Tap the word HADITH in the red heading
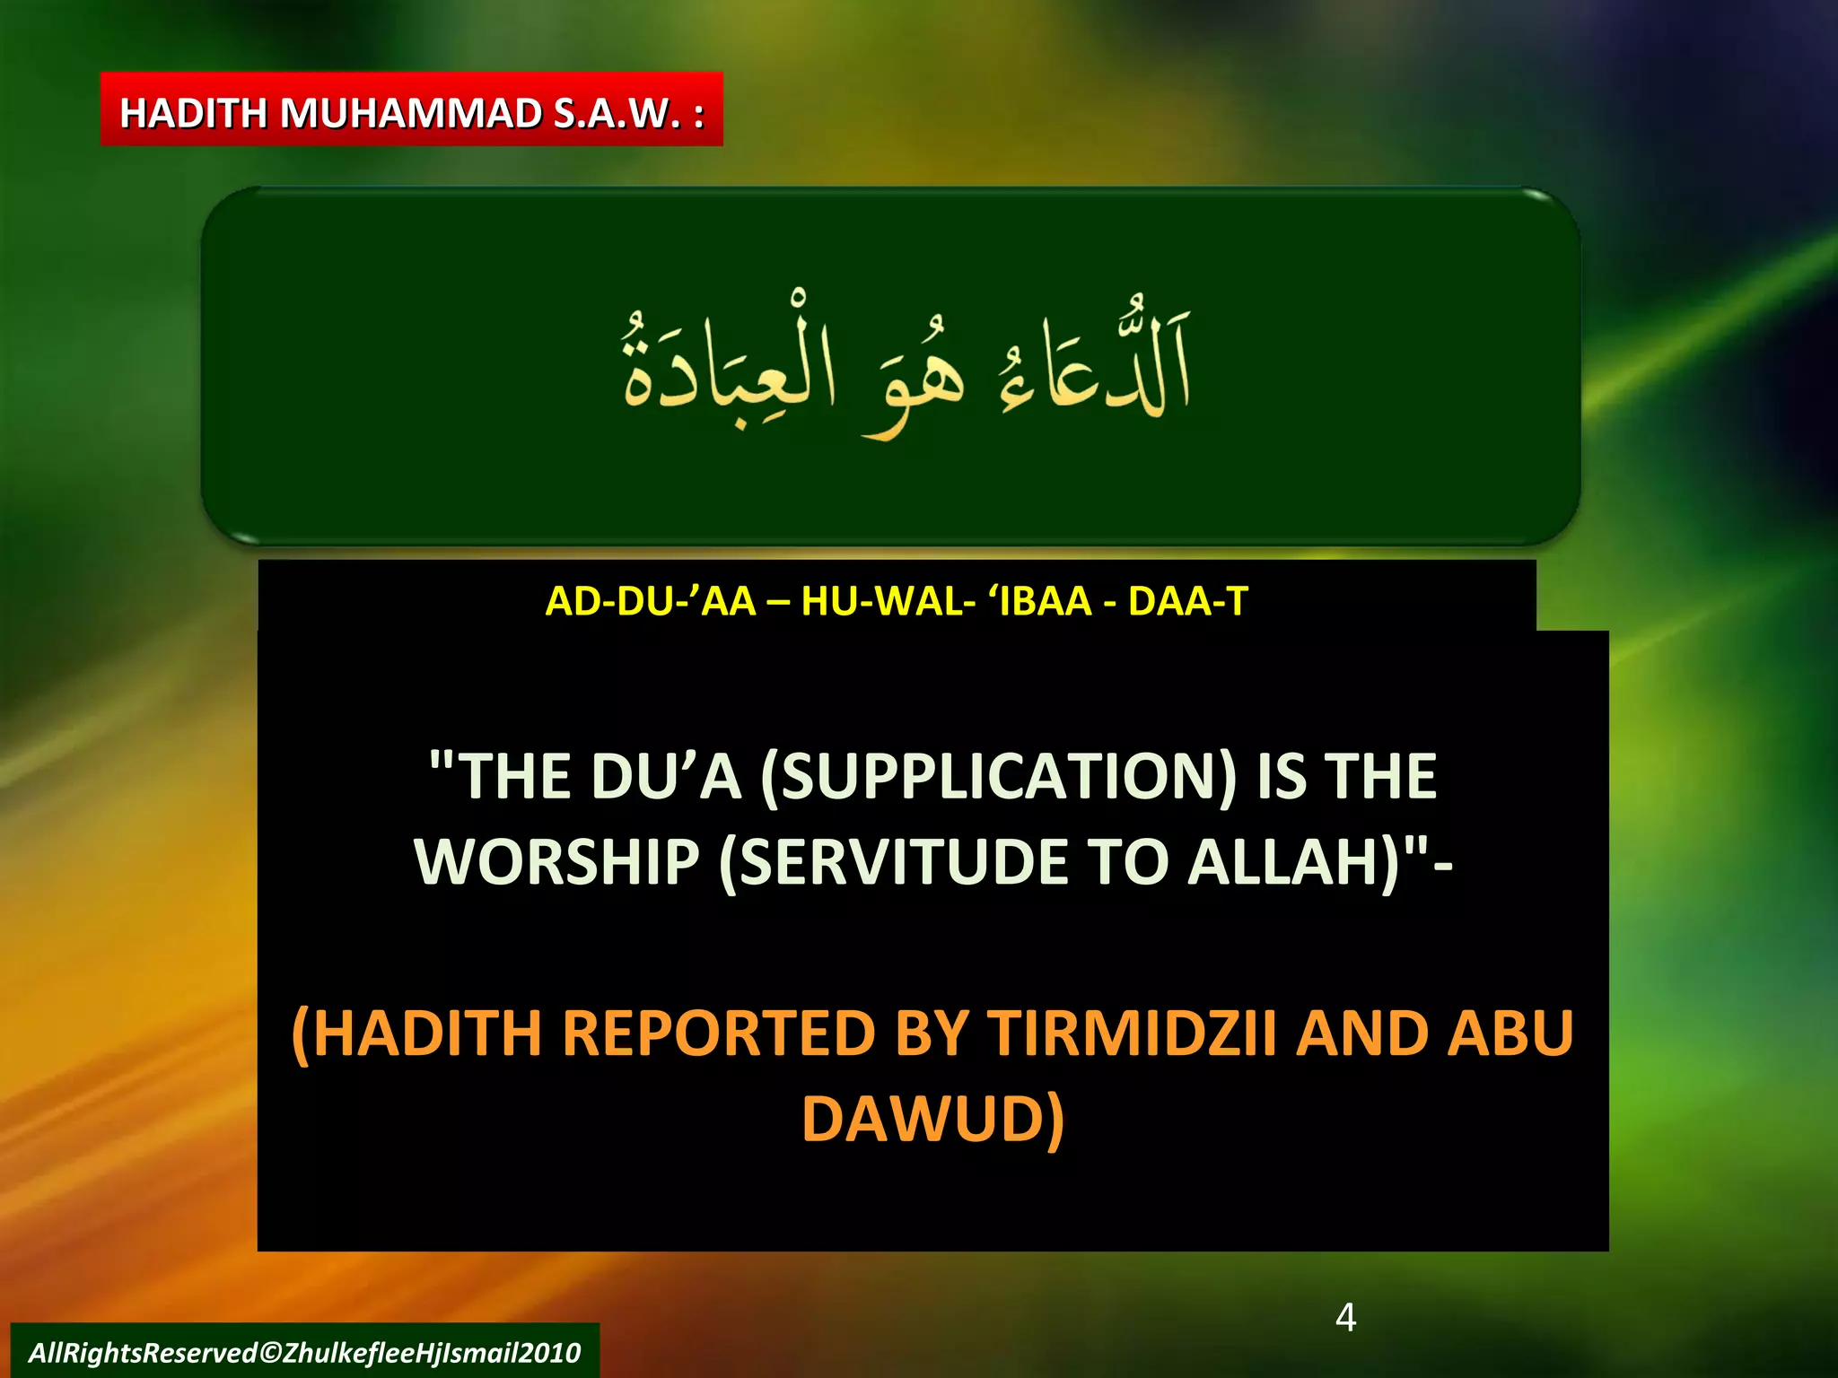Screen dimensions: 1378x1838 pos(193,114)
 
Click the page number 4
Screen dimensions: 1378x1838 pos(1345,1317)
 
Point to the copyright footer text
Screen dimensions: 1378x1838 pos(304,1352)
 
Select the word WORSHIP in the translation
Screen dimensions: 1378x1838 pos(556,863)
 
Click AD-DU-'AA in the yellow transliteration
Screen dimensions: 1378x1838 pos(651,601)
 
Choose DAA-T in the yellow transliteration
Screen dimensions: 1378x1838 pos(1187,601)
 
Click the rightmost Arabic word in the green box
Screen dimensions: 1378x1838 pos(1095,368)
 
